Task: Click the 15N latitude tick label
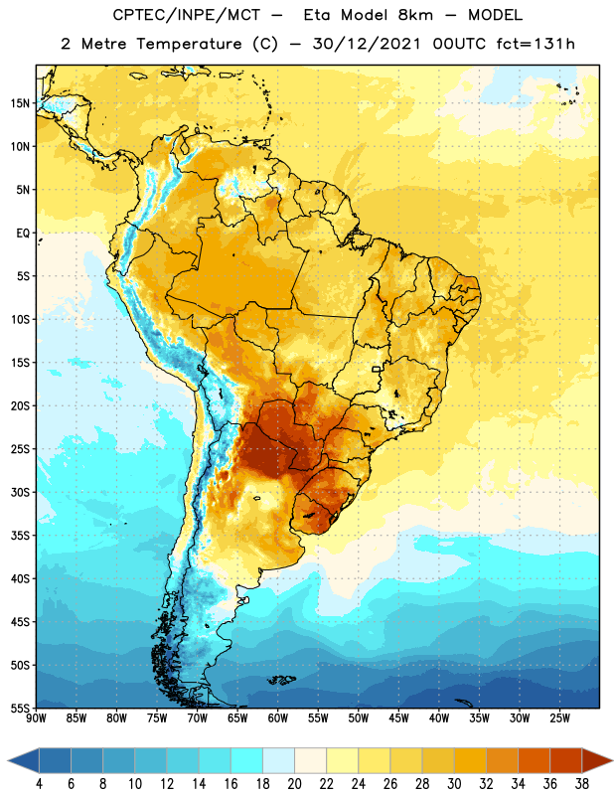pos(20,103)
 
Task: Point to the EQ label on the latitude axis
pos(23,234)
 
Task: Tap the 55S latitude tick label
pos(20,709)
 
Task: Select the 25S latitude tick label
pos(20,449)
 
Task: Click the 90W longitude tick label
pos(37,718)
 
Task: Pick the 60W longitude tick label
pos(278,718)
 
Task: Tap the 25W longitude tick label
pos(559,718)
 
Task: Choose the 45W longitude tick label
pos(398,718)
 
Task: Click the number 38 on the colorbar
pos(581,784)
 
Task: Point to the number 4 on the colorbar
pos(39,784)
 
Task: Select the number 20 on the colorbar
pos(294,784)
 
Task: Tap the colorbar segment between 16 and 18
pos(247,760)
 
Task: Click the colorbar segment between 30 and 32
pos(470,760)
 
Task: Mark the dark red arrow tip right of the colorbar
pos(613,760)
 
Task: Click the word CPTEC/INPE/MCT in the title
pos(187,15)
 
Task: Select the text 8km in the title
pos(415,15)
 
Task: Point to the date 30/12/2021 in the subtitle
pos(367,44)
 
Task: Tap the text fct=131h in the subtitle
pos(536,44)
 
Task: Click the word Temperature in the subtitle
pos(189,45)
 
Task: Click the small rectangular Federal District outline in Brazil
pos(377,369)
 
